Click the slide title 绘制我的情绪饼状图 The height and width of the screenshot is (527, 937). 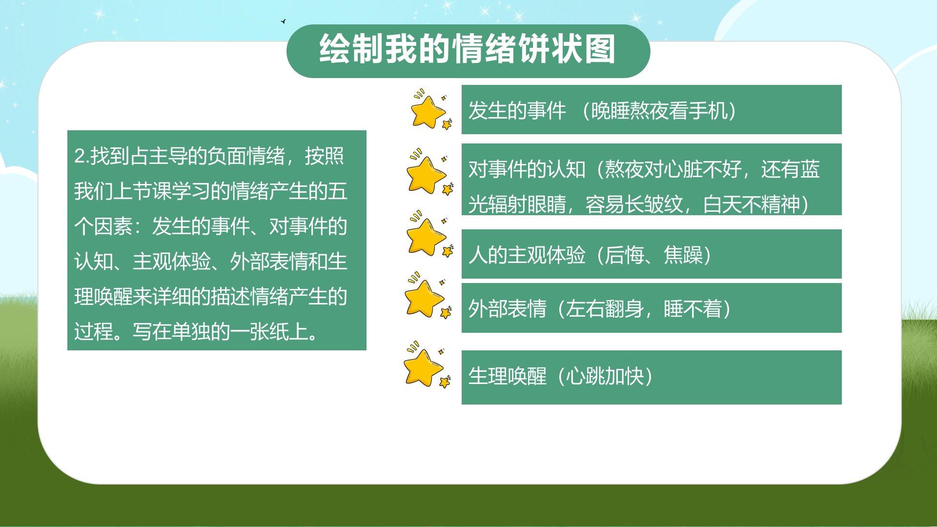(x=468, y=49)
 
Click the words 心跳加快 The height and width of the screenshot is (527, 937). (x=605, y=376)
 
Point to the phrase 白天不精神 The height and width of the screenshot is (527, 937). (x=752, y=204)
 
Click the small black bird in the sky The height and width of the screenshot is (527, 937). (x=283, y=21)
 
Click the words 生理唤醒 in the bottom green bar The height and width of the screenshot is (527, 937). (x=507, y=376)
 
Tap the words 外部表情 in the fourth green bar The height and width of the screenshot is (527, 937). (x=507, y=309)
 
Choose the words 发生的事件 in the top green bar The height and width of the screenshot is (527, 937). (x=517, y=111)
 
